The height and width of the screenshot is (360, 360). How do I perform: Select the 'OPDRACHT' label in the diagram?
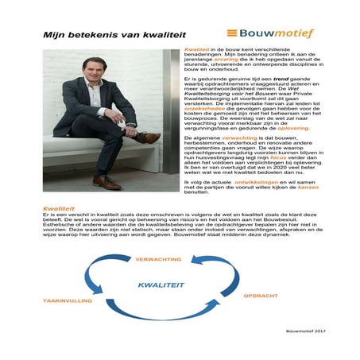pyautogui.click(x=257, y=296)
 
